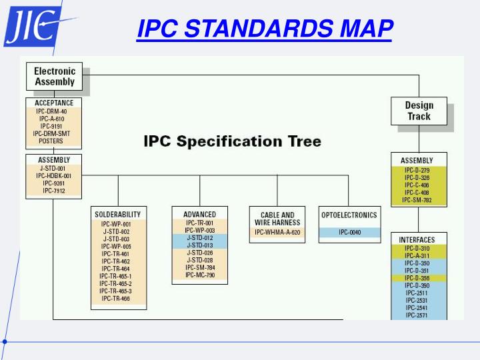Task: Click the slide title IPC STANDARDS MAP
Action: pos(265,29)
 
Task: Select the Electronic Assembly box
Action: pos(55,77)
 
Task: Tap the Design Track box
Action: pos(419,111)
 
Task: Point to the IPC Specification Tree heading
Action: pos(233,141)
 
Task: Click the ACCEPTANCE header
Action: pos(54,103)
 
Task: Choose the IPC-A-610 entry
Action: pos(51,119)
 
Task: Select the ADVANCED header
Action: pos(199,215)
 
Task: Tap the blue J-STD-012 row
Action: pos(199,238)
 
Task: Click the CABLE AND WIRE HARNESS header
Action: pos(277,219)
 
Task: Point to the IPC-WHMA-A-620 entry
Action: pos(277,233)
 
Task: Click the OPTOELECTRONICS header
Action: pos(349,215)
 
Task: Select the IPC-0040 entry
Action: pos(349,233)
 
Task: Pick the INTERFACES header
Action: pos(417,239)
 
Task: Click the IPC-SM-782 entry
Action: pos(417,200)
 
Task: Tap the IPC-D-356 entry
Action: pos(417,278)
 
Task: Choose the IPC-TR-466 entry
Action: pos(116,299)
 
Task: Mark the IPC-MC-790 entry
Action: pos(199,275)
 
